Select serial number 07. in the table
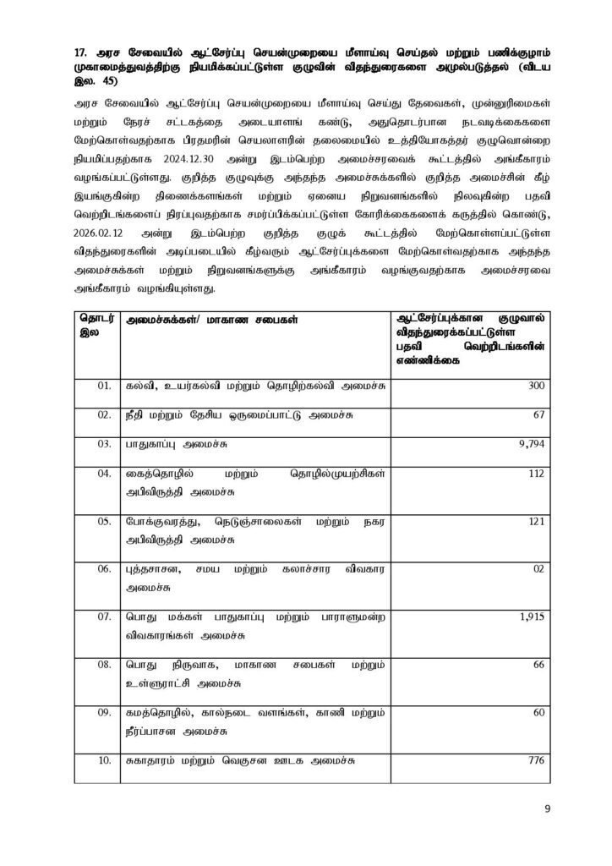[x=104, y=617]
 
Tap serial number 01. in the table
[x=104, y=385]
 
